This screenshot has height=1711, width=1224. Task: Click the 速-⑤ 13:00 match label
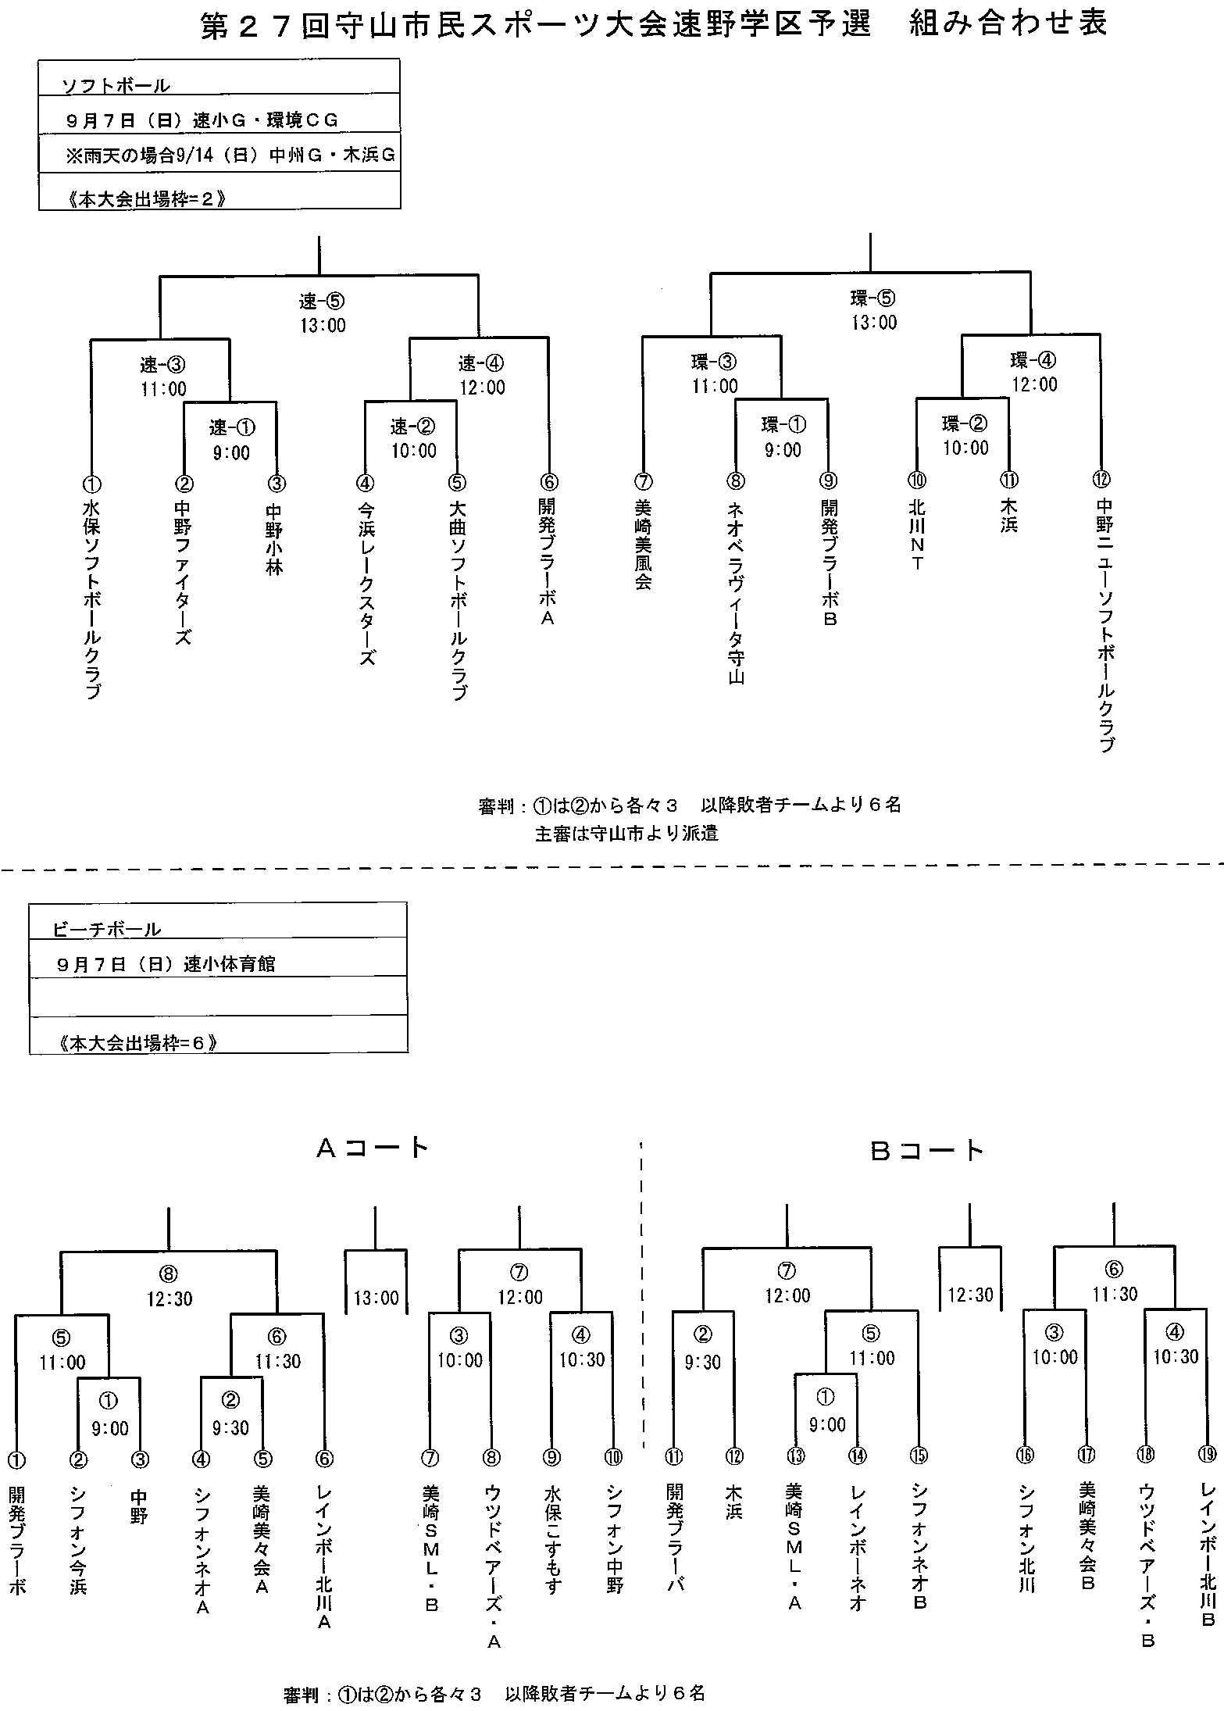[x=322, y=313]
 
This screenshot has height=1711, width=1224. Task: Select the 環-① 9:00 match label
[x=783, y=438]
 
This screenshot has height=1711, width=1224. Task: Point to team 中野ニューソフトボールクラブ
[x=1104, y=626]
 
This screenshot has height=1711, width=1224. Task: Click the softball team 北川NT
[x=918, y=535]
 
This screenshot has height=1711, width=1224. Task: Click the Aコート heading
[x=373, y=1148]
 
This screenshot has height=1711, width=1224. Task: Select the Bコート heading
[x=927, y=1150]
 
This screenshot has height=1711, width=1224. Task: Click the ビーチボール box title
[x=107, y=929]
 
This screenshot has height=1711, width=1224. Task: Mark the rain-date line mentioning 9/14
[x=230, y=155]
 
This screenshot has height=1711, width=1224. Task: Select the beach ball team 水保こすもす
[x=552, y=1550]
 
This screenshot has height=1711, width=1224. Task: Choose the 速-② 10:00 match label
[x=413, y=438]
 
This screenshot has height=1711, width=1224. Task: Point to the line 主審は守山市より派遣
[x=626, y=833]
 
